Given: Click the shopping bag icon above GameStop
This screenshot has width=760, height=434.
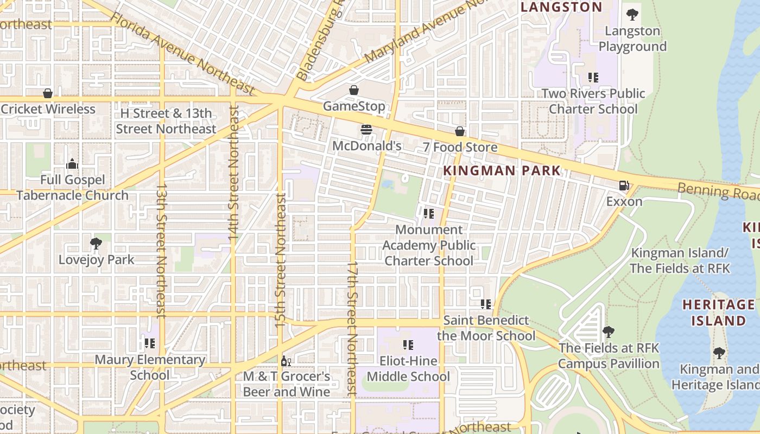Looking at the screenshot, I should [x=354, y=90].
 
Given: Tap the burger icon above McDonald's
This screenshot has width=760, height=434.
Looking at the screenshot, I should [x=366, y=130].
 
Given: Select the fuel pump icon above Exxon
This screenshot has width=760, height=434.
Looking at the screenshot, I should [x=624, y=186].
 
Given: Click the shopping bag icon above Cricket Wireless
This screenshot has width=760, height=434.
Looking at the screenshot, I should [x=48, y=93].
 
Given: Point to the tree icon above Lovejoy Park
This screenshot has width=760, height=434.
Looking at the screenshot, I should [x=96, y=244].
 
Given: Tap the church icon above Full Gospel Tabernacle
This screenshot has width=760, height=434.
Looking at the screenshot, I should [x=72, y=164].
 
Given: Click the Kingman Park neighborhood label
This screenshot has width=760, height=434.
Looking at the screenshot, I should [x=502, y=171].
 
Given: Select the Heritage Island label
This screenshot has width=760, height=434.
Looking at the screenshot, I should [x=718, y=312].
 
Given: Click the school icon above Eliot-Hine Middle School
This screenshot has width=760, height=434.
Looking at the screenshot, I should [x=408, y=345].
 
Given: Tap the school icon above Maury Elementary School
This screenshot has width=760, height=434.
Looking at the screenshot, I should [x=150, y=343].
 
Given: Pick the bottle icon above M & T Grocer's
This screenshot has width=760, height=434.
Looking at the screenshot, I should [x=286, y=361].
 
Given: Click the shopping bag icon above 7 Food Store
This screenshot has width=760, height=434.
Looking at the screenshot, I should [x=460, y=131].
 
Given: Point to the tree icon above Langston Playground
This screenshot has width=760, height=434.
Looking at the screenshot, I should [x=632, y=15].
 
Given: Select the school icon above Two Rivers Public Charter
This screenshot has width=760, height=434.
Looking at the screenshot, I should [x=593, y=78].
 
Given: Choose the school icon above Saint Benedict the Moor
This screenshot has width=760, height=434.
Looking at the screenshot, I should [x=485, y=304].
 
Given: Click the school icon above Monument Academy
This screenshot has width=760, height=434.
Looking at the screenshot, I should [x=429, y=214].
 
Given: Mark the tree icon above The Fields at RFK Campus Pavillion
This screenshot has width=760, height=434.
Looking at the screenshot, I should [x=609, y=331].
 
